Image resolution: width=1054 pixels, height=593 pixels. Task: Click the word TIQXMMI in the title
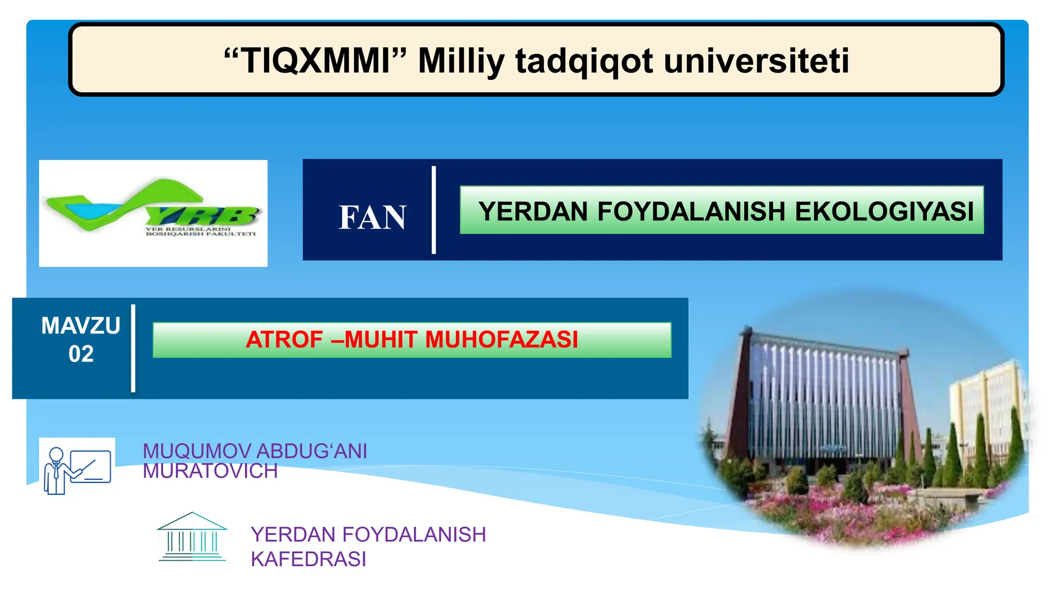coord(315,61)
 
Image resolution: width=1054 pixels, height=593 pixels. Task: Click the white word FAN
coord(372,217)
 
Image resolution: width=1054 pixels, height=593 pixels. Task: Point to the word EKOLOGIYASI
coord(884,211)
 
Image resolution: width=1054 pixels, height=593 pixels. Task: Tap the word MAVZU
coord(81,326)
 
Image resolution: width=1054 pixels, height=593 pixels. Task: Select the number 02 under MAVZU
coord(81,354)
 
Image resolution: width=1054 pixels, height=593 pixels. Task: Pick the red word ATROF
coord(284,340)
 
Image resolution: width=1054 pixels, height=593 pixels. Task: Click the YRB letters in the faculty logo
coord(206,215)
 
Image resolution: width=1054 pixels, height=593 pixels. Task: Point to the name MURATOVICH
coord(210,471)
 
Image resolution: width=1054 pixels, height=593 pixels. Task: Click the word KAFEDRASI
coord(308,559)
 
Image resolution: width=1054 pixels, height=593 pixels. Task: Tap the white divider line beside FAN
coord(434,210)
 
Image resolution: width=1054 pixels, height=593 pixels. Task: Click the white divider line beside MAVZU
coord(133,348)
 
